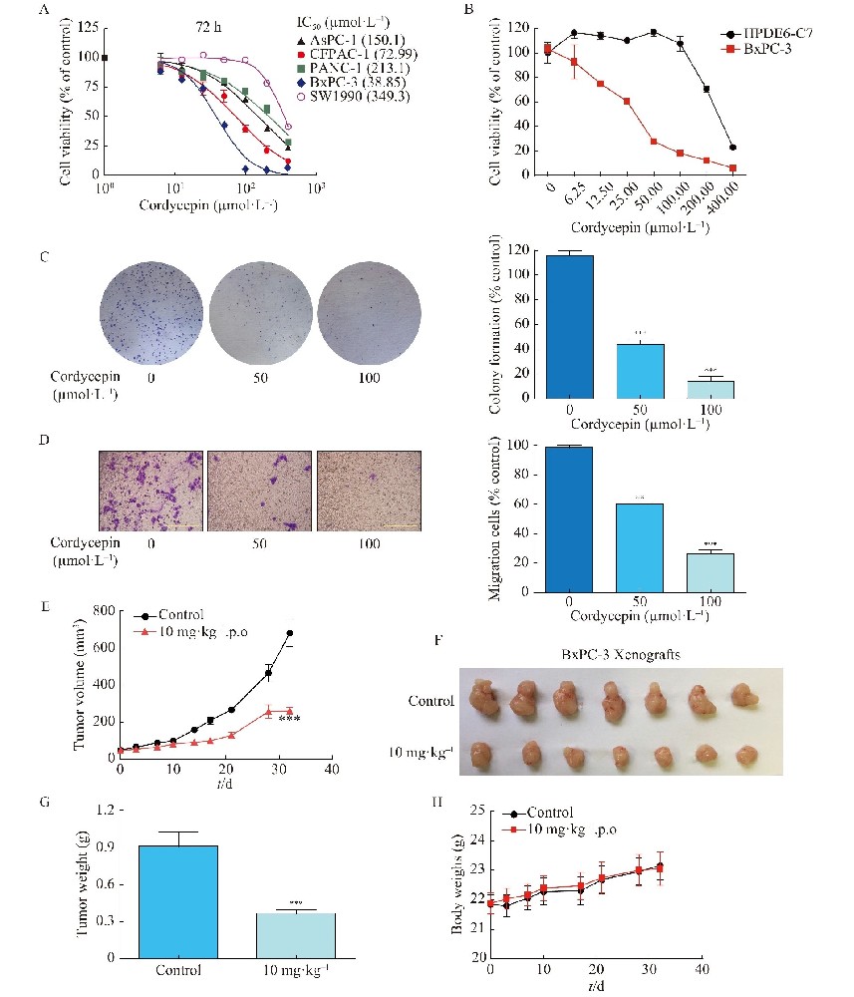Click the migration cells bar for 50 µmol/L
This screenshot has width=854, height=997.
[638, 547]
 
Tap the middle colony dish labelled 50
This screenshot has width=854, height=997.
[258, 303]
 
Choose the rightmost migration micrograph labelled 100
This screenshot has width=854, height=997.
[370, 489]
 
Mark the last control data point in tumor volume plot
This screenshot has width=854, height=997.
[291, 633]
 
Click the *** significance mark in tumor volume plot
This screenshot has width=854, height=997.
[291, 720]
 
